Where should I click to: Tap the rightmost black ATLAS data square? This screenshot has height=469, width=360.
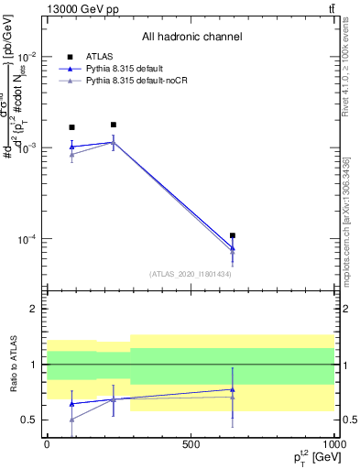point(233,235)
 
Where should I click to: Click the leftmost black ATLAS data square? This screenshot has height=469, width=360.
point(72,127)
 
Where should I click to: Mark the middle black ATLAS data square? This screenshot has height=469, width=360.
point(113,125)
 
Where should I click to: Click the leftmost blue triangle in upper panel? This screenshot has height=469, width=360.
point(72,146)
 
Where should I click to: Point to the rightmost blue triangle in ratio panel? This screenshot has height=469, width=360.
point(233,389)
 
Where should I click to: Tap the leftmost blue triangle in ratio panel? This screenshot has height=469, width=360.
point(72,403)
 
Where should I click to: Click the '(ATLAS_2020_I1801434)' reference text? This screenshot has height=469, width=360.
point(191,273)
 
